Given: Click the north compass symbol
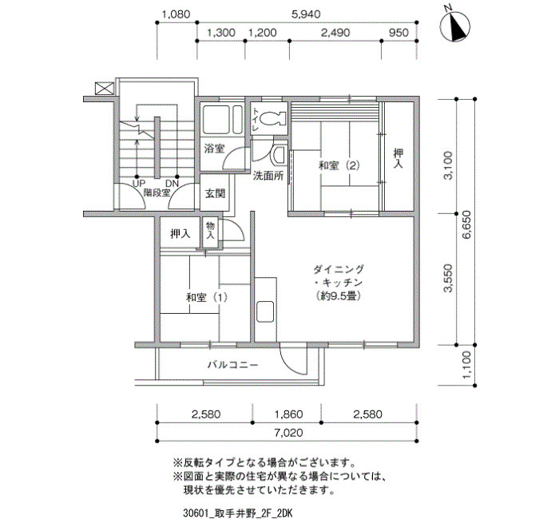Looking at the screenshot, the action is (455, 26).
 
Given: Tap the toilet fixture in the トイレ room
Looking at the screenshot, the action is (273, 118).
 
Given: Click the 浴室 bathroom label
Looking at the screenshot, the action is (214, 149).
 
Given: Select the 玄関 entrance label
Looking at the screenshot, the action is (215, 193).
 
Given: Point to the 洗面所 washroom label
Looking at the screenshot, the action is (268, 176).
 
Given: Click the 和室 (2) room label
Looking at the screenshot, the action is (339, 165).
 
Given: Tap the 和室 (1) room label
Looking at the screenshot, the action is (206, 297).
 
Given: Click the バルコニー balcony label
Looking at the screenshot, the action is (233, 365).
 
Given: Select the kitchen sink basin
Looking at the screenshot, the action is (265, 311).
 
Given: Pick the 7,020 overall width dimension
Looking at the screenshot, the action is (288, 433).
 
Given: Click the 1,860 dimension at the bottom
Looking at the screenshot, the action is (288, 414).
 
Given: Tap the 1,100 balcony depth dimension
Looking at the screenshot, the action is (466, 365).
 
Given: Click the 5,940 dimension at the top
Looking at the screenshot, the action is (306, 14).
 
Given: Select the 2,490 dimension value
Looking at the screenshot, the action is (335, 33).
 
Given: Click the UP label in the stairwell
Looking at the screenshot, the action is (138, 184).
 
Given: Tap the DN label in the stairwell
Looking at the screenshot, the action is (172, 184).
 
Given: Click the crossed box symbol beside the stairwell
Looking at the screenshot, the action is (105, 89).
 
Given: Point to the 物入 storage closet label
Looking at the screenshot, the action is (210, 231).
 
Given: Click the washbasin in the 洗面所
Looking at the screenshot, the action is (278, 156).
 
